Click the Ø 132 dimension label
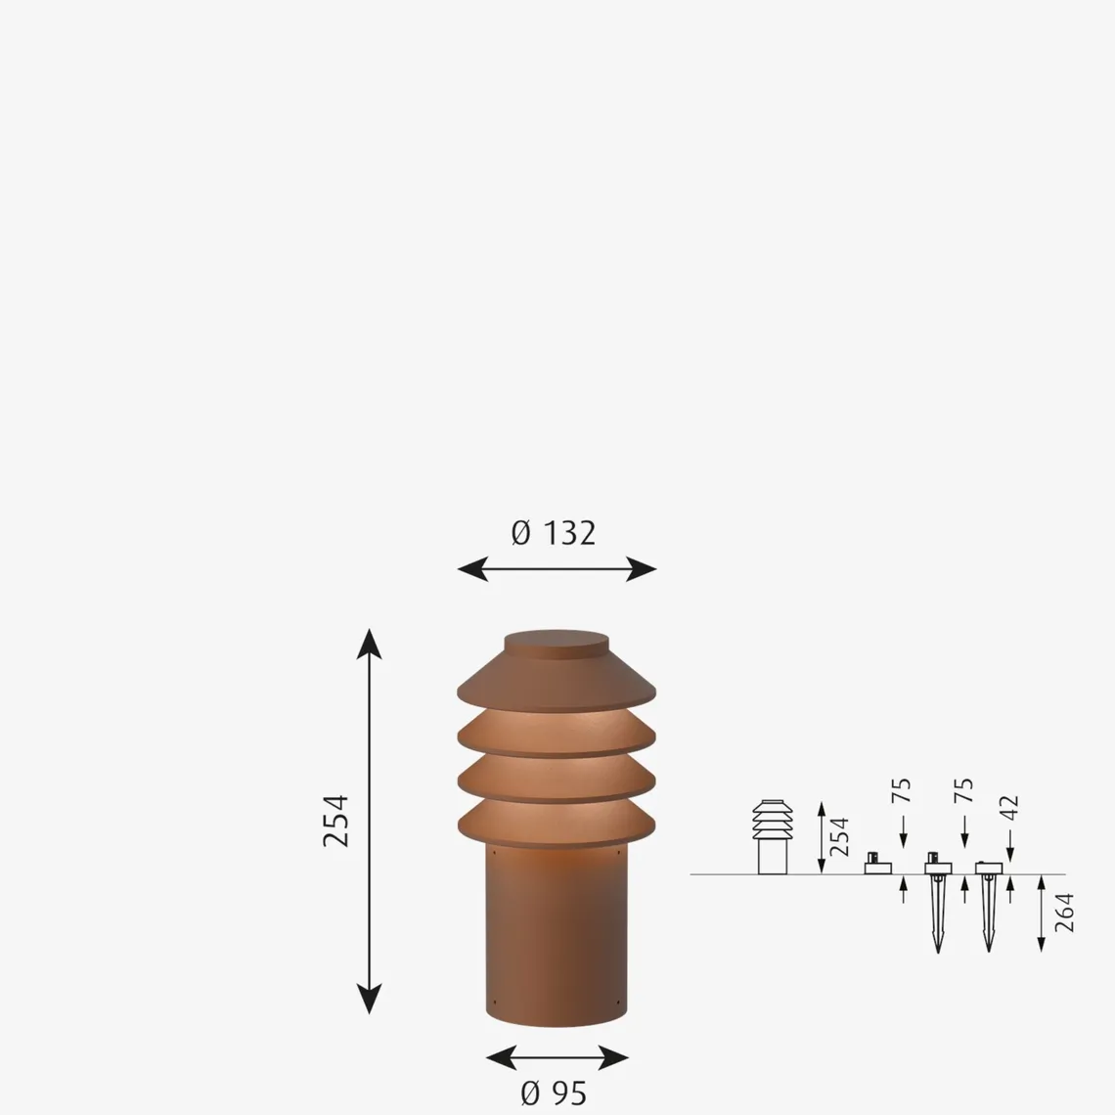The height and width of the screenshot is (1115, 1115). (554, 533)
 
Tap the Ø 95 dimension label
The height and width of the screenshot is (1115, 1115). (554, 1093)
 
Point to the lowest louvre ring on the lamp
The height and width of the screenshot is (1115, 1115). (557, 824)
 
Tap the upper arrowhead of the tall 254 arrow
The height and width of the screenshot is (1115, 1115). (369, 644)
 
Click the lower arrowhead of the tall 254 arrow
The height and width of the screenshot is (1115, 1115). (369, 999)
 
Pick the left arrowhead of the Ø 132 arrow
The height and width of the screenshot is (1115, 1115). (472, 569)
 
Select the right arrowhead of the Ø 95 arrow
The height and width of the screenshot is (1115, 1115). (613, 1057)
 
